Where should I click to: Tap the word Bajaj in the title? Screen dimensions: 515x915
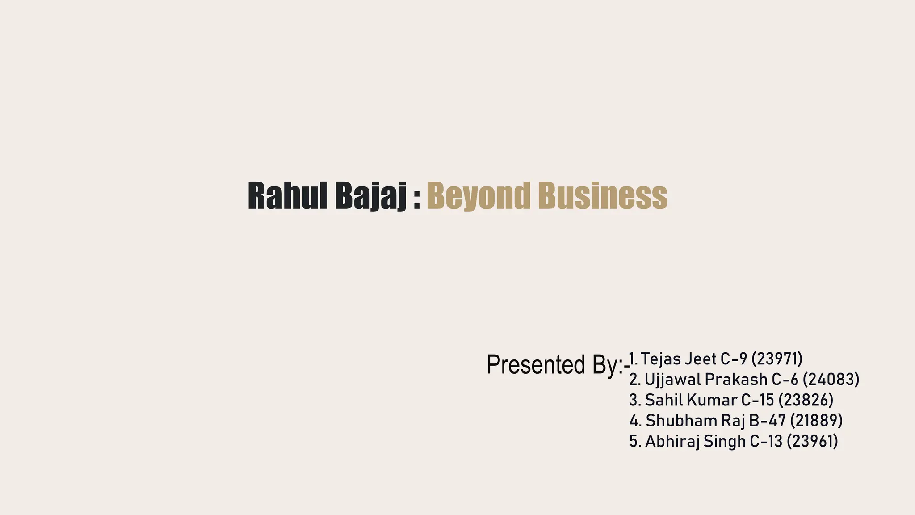(x=371, y=196)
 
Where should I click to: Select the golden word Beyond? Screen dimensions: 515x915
(x=478, y=196)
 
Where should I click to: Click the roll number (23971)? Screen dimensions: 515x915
(x=777, y=359)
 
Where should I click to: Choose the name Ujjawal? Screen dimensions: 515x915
(x=672, y=380)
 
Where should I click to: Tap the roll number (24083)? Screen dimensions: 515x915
(x=831, y=380)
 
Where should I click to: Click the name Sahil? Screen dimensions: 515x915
(x=663, y=400)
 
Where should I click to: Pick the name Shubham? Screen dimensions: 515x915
(x=681, y=421)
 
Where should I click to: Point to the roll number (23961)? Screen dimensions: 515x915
(x=812, y=441)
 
